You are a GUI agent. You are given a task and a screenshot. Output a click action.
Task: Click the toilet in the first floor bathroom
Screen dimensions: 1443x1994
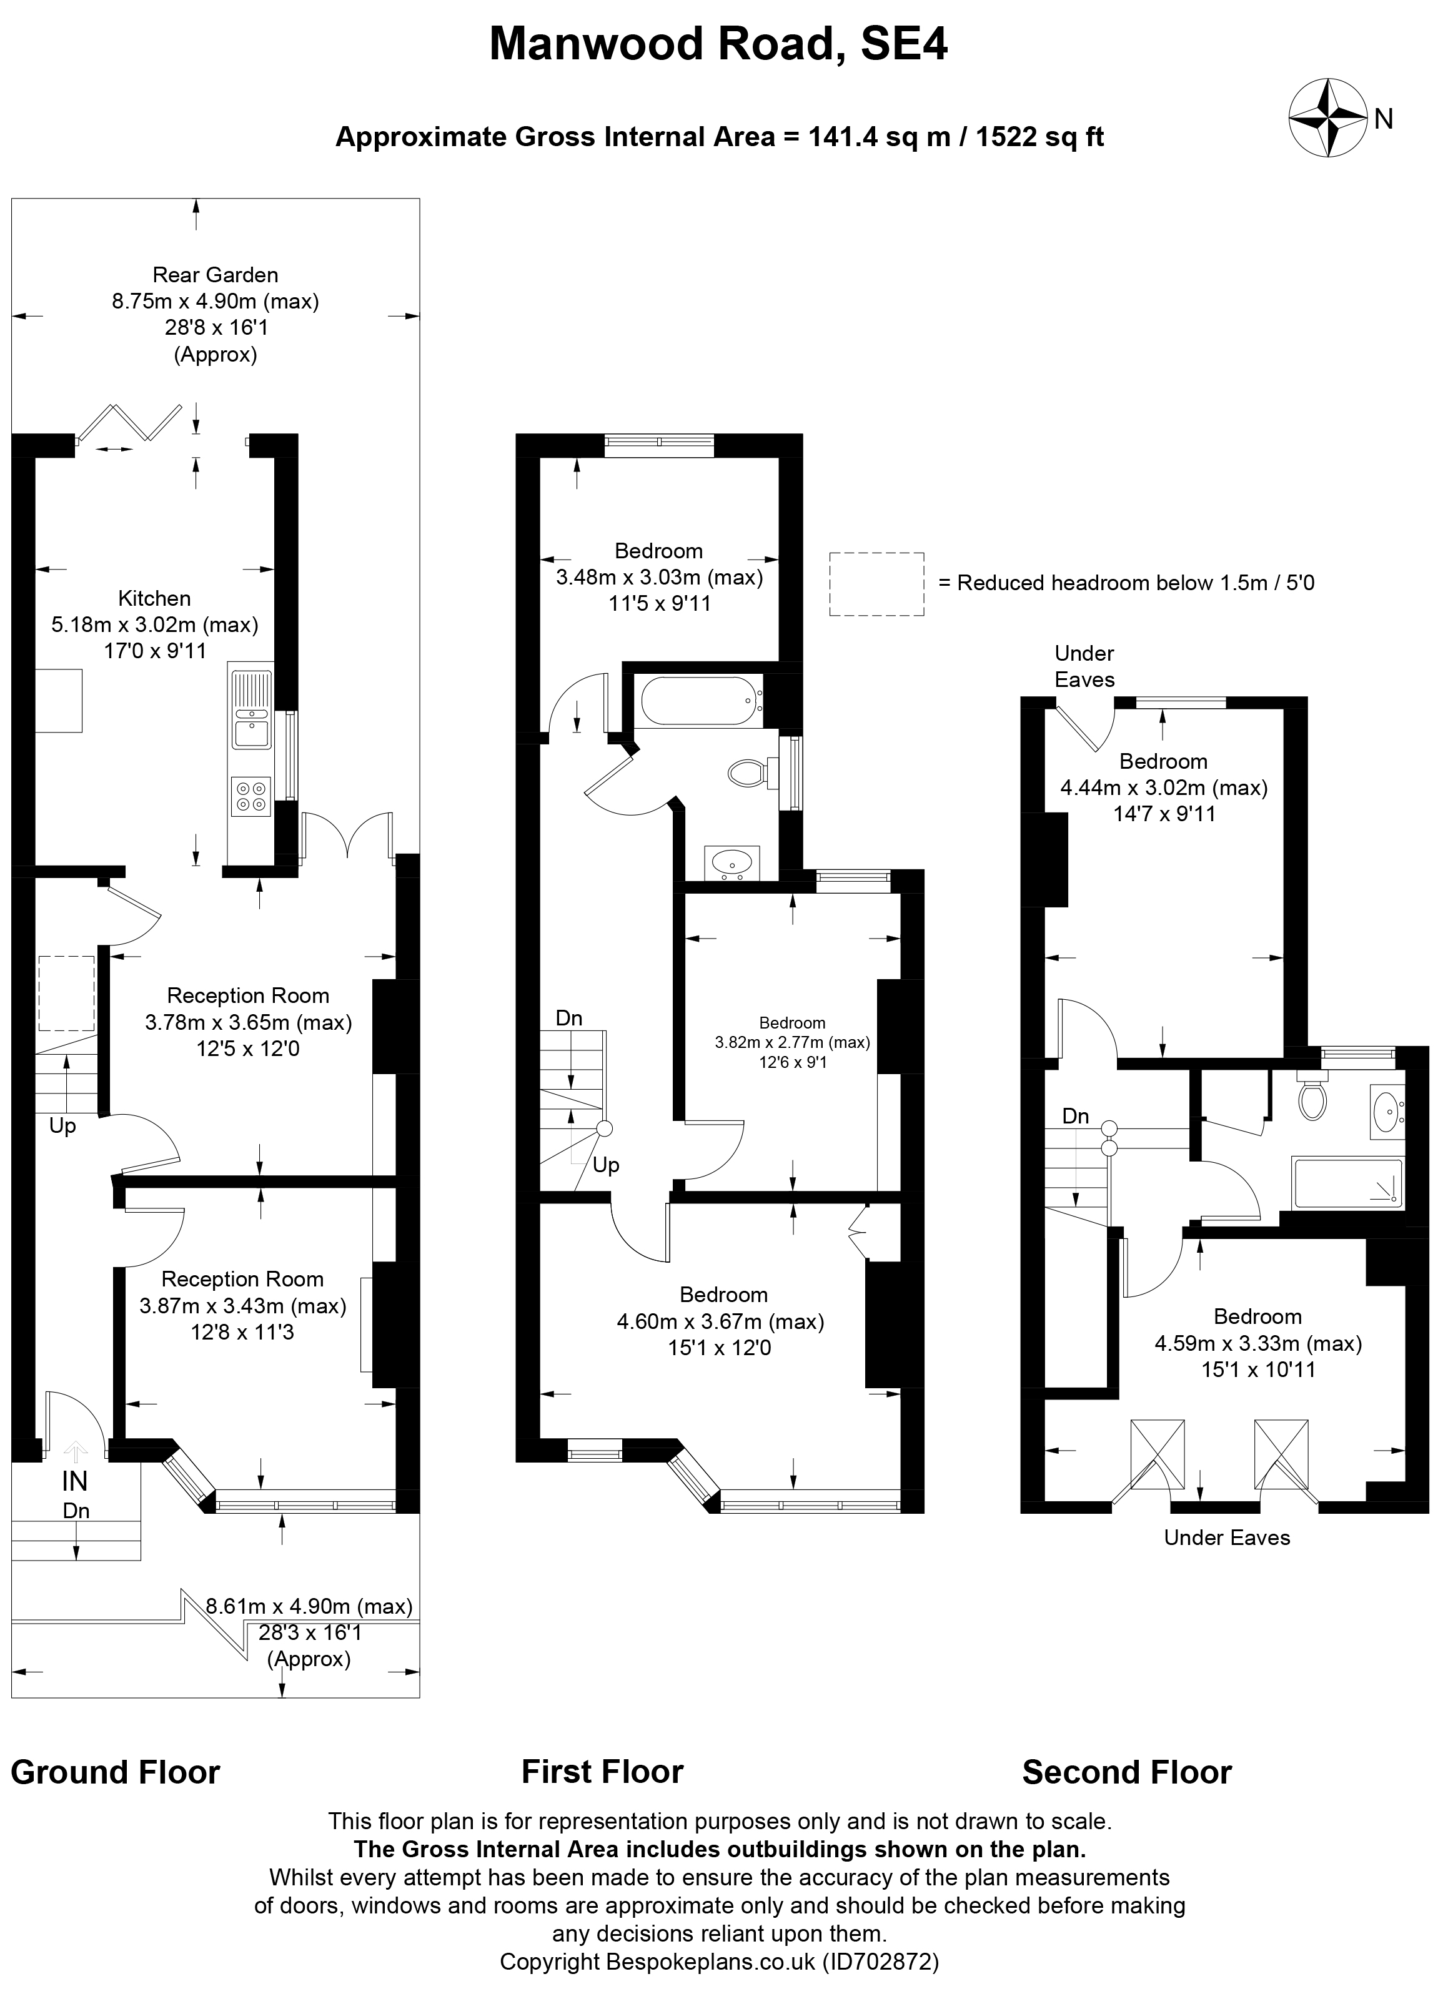pyautogui.click(x=748, y=774)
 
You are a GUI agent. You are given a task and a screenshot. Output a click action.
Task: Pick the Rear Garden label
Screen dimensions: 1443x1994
pyautogui.click(x=216, y=275)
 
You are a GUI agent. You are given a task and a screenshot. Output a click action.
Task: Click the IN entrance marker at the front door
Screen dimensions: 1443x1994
pyautogui.click(x=75, y=1481)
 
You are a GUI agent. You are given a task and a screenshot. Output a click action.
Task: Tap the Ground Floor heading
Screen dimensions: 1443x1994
pyautogui.click(x=115, y=1772)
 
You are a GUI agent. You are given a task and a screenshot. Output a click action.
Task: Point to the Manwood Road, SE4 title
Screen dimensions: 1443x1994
pyautogui.click(x=718, y=44)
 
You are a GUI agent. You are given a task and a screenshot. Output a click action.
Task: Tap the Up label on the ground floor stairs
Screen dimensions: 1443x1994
pyautogui.click(x=62, y=1126)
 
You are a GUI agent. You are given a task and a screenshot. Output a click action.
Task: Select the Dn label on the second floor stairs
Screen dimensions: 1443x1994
pyautogui.click(x=1076, y=1117)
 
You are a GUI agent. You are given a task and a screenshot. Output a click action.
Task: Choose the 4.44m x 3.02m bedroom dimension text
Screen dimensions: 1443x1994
pyautogui.click(x=1163, y=787)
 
